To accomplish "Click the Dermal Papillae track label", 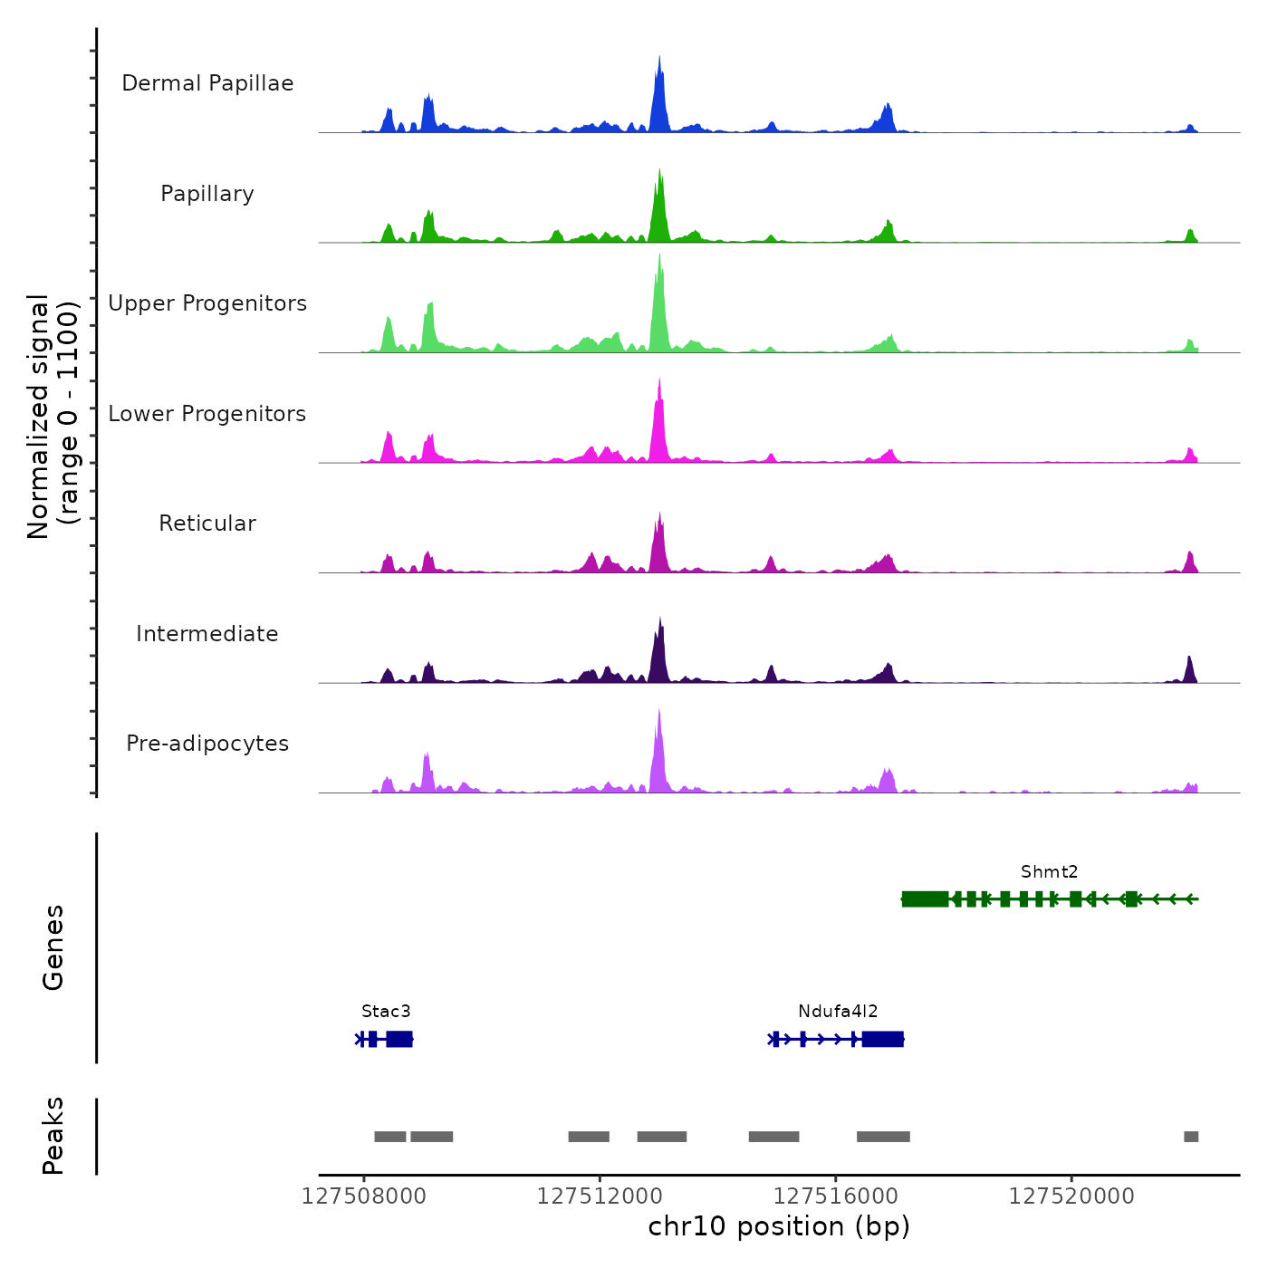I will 207,83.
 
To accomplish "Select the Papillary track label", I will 207,194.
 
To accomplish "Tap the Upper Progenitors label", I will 207,303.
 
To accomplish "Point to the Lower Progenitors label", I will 207,414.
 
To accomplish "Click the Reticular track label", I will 207,524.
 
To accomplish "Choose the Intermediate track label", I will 207,634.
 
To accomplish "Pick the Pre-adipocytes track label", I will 207,744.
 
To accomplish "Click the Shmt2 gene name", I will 1049,872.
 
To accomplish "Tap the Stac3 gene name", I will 386,1012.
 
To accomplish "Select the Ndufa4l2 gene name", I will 838,1012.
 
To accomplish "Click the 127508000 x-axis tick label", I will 363,1196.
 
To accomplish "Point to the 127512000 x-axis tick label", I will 600,1196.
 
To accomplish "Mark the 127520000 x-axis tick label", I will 1071,1196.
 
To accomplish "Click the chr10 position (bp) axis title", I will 779,1226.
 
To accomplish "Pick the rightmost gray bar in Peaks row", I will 1191,1137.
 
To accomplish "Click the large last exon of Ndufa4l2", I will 882,1039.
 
